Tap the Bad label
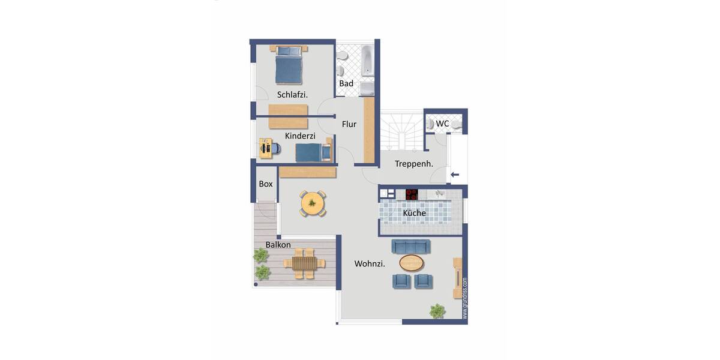[346, 83]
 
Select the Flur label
[349, 124]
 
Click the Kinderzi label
[300, 136]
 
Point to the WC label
[442, 124]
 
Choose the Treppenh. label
[414, 164]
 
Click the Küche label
[414, 213]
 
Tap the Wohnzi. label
[370, 263]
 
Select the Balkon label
[278, 245]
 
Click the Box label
[265, 184]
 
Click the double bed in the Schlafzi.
[289, 65]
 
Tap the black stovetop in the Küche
[412, 194]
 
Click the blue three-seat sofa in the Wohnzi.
[410, 246]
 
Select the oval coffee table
[411, 262]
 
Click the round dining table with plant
[312, 203]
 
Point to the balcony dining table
[304, 263]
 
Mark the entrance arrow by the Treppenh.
[455, 175]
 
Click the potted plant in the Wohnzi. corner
[437, 310]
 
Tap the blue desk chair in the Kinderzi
[276, 148]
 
